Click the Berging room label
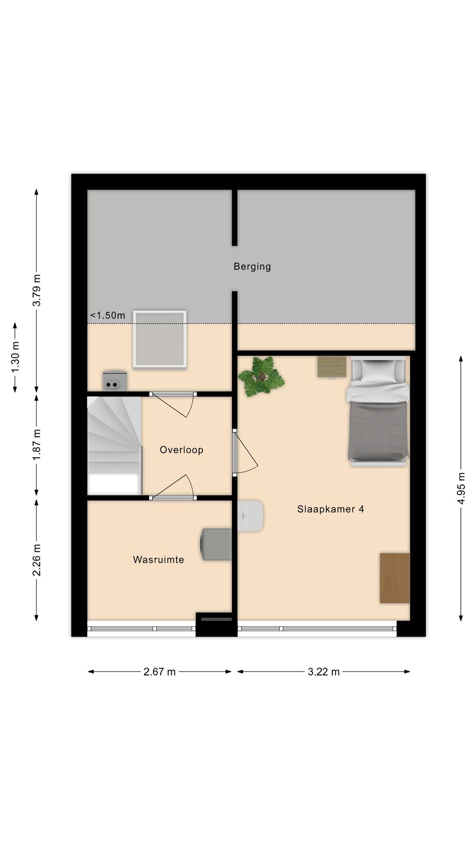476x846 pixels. tap(252, 266)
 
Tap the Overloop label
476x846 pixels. tap(181, 450)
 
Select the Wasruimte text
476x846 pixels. tap(158, 560)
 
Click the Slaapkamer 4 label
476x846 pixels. tap(330, 509)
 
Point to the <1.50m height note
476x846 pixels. tap(108, 315)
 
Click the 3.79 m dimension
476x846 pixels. tap(37, 290)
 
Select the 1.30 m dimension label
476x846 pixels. tap(15, 357)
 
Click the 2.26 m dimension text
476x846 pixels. tap(37, 560)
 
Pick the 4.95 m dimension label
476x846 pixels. tap(461, 488)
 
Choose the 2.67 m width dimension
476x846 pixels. tap(160, 672)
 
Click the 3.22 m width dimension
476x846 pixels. tap(324, 672)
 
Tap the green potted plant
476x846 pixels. tap(261, 377)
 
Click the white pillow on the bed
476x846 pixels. tap(378, 371)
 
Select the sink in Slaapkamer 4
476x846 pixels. tap(250, 516)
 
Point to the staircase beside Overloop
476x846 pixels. tap(114, 445)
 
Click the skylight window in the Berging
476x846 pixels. tap(160, 339)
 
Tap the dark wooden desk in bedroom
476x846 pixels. tap(394, 578)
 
